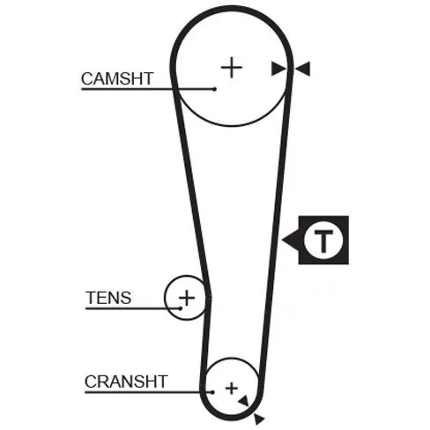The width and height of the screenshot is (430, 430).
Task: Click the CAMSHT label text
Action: coord(117,78)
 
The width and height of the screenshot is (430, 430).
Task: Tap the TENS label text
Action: coord(108,298)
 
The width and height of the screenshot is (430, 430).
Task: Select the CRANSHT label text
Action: coord(126,382)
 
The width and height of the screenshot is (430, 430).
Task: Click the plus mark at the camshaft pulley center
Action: coord(232,68)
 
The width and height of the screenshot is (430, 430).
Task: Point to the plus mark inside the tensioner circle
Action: coord(187,298)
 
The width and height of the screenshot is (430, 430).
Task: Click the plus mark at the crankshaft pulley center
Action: coord(232,389)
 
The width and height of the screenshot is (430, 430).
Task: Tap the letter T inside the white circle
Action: coord(323,241)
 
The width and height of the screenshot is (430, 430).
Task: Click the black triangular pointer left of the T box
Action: coord(290,240)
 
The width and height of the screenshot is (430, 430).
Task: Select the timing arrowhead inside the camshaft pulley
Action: coord(278,69)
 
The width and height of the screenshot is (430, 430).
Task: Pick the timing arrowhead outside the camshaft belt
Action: coord(303,69)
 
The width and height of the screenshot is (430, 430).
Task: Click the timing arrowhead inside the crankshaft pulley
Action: coord(244,400)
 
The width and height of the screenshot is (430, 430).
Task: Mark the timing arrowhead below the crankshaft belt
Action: coord(258,419)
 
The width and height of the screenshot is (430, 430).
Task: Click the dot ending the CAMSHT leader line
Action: coord(215,89)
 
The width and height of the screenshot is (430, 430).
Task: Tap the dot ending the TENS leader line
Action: coord(181,308)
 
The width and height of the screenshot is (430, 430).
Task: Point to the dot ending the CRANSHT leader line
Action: coord(212,392)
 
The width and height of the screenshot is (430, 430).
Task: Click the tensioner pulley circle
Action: coord(165,298)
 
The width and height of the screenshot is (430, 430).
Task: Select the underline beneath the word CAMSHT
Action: coord(148,89)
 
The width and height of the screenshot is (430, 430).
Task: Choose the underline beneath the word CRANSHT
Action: coord(148,392)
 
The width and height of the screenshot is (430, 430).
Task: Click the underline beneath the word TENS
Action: coord(133,308)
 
